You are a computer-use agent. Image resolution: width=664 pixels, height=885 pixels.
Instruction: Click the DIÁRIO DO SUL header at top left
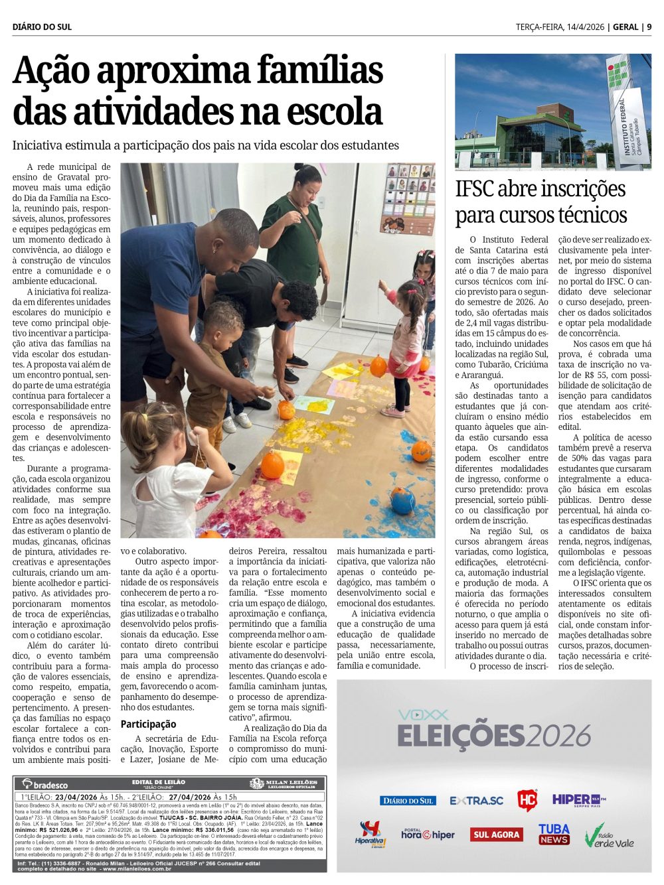pyautogui.click(x=42, y=27)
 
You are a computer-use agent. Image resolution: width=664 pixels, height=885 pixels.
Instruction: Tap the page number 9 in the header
pyautogui.click(x=649, y=27)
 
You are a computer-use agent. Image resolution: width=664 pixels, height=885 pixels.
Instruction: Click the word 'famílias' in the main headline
pyautogui.click(x=320, y=71)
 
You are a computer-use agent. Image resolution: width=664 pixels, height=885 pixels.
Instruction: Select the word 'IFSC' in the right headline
pyautogui.click(x=475, y=189)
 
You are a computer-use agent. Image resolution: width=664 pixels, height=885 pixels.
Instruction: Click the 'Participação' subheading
pyautogui.click(x=148, y=724)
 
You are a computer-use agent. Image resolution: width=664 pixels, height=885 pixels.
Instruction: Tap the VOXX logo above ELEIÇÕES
pyautogui.click(x=424, y=715)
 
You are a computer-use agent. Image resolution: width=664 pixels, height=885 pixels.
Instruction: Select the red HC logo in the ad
pyautogui.click(x=527, y=800)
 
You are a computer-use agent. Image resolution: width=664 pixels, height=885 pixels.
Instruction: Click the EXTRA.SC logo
pyautogui.click(x=477, y=801)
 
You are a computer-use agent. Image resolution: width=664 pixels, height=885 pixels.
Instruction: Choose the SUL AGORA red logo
pyautogui.click(x=496, y=835)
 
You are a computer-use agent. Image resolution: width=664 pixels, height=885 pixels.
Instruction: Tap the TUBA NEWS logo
pyautogui.click(x=554, y=834)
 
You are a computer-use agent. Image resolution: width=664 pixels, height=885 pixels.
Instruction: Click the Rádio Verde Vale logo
pyautogui.click(x=608, y=837)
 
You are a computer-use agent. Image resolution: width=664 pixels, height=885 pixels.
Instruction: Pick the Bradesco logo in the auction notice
pyautogui.click(x=46, y=784)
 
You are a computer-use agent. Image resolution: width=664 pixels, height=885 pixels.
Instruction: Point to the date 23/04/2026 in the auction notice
pyautogui.click(x=76, y=797)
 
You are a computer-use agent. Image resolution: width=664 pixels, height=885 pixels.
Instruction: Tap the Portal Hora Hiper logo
pyautogui.click(x=428, y=834)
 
